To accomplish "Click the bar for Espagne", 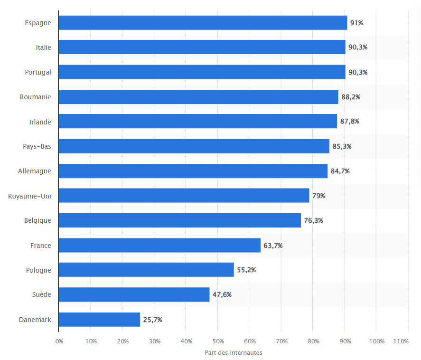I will pyautogui.click(x=203, y=23).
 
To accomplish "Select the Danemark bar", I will pyautogui.click(x=99, y=320).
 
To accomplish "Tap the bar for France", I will pyautogui.click(x=159, y=246).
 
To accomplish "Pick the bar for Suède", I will pyautogui.click(x=134, y=294).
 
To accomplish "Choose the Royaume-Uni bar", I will pyautogui.click(x=184, y=196).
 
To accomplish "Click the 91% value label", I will pyautogui.click(x=356, y=23).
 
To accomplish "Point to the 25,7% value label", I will pyautogui.click(x=153, y=320).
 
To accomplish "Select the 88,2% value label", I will pyautogui.click(x=351, y=97).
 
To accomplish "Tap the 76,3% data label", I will pyautogui.click(x=313, y=221).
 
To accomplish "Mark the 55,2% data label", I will pyautogui.click(x=246, y=270).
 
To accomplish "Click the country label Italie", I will pyautogui.click(x=43, y=47).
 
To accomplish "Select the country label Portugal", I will pyautogui.click(x=38, y=72).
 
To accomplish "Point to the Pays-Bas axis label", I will pyautogui.click(x=37, y=146).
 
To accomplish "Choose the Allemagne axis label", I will pyautogui.click(x=34, y=171).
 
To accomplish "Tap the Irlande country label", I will pyautogui.click(x=40, y=122).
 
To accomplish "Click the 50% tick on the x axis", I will pyautogui.click(x=218, y=341).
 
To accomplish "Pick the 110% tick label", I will pyautogui.click(x=401, y=341).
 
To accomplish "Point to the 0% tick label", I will pyautogui.click(x=59, y=341).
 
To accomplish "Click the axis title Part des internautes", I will pyautogui.click(x=234, y=352).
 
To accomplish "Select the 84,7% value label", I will pyautogui.click(x=340, y=171).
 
